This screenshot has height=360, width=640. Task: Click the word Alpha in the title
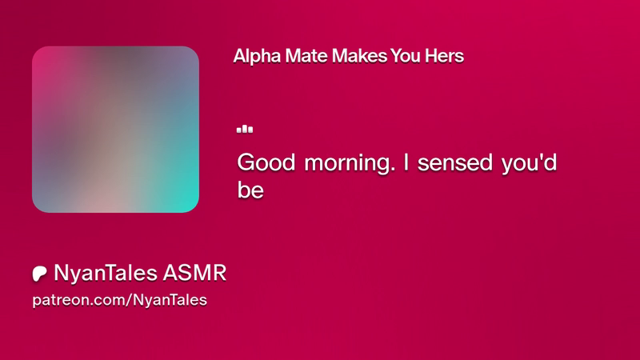[257, 56]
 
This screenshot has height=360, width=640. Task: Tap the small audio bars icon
[245, 129]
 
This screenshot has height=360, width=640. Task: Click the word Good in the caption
[266, 162]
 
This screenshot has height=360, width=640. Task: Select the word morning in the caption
[347, 164]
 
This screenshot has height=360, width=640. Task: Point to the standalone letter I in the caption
[406, 162]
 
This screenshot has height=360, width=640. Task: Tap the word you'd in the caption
[529, 164]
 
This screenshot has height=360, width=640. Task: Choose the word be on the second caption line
[250, 190]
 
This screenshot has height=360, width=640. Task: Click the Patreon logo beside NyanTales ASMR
[39, 274]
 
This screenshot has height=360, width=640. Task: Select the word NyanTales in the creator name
[106, 273]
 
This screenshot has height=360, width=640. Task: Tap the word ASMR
[194, 273]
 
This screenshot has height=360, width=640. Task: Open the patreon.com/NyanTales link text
[119, 300]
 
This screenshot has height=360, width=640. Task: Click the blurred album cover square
[115, 130]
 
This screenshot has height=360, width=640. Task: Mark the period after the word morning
[393, 170]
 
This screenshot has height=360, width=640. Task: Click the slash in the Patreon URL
[130, 300]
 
